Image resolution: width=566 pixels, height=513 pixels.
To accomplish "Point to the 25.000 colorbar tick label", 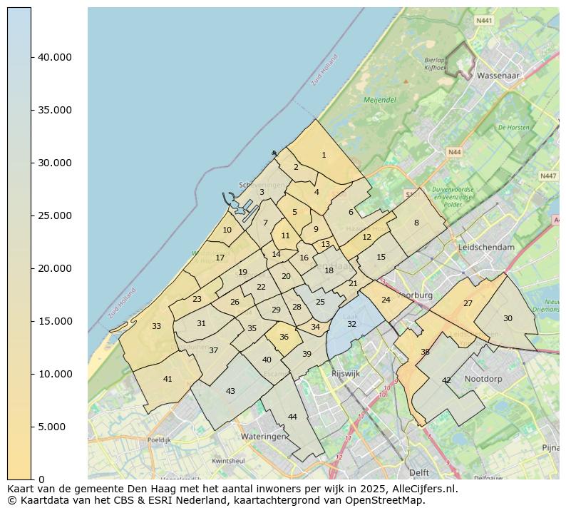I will tap(55, 215).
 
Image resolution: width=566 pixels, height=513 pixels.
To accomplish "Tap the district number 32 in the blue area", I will tap(351, 324).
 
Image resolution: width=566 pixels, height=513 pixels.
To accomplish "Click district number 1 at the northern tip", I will tap(324, 155).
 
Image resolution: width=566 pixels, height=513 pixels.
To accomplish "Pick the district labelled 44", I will tap(292, 417).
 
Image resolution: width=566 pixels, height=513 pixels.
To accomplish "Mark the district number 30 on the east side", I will tap(508, 318).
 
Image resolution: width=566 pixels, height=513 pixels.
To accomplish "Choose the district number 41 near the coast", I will tap(168, 379).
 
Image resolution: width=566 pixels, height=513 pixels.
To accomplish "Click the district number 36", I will tap(284, 337).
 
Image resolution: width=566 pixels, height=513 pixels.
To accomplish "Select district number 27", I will tap(468, 303).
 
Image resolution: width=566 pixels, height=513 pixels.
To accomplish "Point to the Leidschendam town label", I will tap(487, 247).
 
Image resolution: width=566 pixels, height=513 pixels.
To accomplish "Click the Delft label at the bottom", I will tap(419, 472).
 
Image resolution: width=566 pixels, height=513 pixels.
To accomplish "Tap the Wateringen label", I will tap(263, 435).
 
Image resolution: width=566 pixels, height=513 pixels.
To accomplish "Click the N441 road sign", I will tap(484, 21).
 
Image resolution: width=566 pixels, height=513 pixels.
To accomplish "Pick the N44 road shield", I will tap(454, 152).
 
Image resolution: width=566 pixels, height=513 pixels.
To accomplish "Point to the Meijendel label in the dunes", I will tap(379, 101).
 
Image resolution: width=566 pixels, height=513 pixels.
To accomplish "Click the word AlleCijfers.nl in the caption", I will tap(425, 489).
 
